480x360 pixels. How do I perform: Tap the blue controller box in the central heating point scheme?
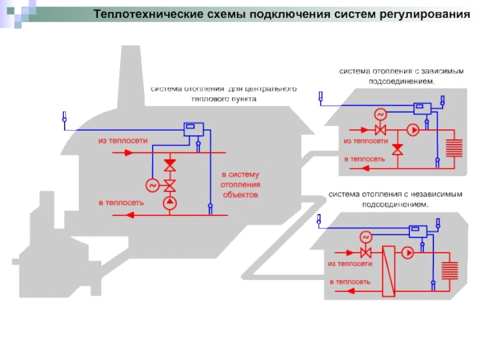(193, 128)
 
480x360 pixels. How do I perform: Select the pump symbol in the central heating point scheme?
(170, 203)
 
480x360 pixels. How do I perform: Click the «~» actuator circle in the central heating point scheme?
(151, 185)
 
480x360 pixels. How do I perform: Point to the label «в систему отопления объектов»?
(240, 184)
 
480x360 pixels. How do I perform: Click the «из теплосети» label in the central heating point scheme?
(123, 140)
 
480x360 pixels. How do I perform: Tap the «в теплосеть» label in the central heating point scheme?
(121, 202)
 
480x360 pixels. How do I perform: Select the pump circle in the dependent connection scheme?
(412, 129)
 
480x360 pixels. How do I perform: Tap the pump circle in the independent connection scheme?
(407, 253)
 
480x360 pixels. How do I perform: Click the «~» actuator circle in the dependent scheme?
(379, 114)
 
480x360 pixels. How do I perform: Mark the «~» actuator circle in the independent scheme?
(364, 236)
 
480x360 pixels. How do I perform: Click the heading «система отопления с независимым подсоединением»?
(395, 199)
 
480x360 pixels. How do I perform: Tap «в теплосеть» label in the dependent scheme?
(364, 159)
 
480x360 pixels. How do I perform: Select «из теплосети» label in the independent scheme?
(350, 263)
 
